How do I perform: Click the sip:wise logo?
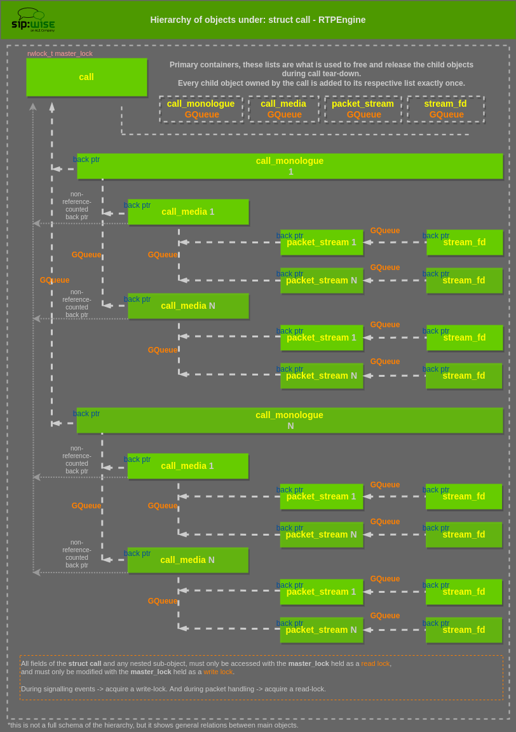(33, 20)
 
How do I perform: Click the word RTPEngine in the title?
(344, 20)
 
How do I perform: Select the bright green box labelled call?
(86, 77)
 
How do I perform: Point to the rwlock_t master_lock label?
(60, 53)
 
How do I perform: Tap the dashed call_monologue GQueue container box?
(201, 109)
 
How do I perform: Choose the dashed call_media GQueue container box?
(283, 109)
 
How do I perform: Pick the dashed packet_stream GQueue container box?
(363, 109)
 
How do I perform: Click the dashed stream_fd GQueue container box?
(445, 109)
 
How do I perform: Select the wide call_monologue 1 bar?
(290, 166)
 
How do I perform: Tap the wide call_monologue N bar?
(290, 420)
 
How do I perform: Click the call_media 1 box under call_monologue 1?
(188, 212)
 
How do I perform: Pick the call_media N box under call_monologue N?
(187, 560)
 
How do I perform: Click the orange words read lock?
(376, 663)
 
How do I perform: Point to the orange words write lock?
(218, 672)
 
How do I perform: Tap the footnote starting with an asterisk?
(153, 725)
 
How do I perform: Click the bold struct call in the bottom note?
(85, 663)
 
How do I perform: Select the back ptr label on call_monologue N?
(86, 414)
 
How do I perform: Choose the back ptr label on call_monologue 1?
(86, 159)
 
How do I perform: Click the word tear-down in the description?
(342, 74)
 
